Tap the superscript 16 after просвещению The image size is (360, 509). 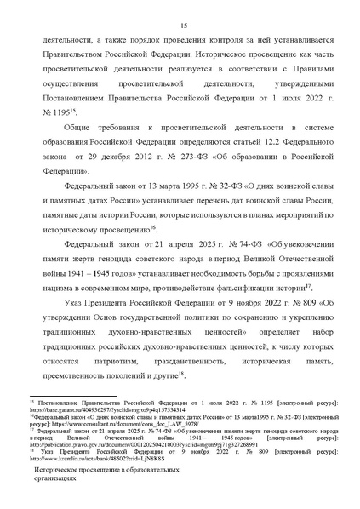pyautogui.click(x=153, y=229)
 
